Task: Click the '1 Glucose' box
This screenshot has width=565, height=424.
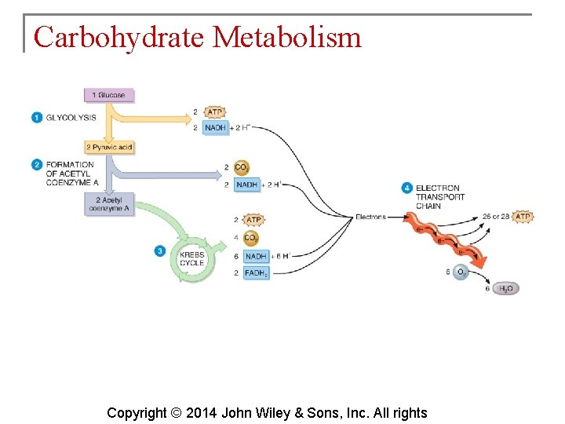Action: pyautogui.click(x=109, y=95)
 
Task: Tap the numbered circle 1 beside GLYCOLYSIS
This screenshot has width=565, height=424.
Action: pyautogui.click(x=37, y=118)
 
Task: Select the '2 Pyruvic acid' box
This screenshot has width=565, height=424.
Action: pyautogui.click(x=109, y=147)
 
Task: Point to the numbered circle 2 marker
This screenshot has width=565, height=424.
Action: pyautogui.click(x=37, y=165)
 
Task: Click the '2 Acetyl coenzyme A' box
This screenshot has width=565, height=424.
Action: pyautogui.click(x=109, y=204)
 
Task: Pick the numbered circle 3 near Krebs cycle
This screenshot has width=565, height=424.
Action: pyautogui.click(x=160, y=251)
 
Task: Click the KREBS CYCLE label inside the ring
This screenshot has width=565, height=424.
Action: pyautogui.click(x=191, y=258)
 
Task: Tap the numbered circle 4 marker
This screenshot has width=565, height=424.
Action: pyautogui.click(x=406, y=188)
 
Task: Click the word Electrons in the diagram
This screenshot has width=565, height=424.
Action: pyautogui.click(x=370, y=217)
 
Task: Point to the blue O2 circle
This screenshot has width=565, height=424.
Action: pyautogui.click(x=461, y=272)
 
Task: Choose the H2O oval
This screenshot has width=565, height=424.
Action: pyautogui.click(x=505, y=289)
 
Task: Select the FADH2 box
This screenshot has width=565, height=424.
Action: pyautogui.click(x=256, y=273)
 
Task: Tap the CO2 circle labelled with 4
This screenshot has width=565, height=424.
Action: pyautogui.click(x=251, y=237)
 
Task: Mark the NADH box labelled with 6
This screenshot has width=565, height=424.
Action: pyautogui.click(x=256, y=256)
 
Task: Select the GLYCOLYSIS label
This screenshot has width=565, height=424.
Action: pyautogui.click(x=71, y=118)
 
